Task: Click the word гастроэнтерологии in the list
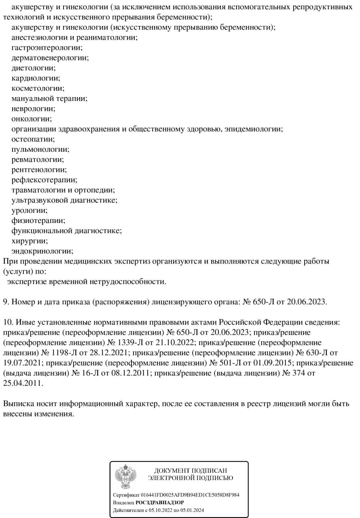click(x=47, y=48)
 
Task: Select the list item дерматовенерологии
click(x=50, y=58)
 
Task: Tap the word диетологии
click(x=34, y=68)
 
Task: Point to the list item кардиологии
click(x=36, y=78)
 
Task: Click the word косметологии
click(x=38, y=88)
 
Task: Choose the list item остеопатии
click(x=33, y=139)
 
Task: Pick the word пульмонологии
click(x=40, y=149)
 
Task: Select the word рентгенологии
click(x=39, y=170)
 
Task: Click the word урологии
click(x=30, y=210)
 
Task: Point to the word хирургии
click(x=30, y=241)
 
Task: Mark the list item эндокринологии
click(x=42, y=251)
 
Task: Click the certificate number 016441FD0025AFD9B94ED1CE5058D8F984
click(x=190, y=495)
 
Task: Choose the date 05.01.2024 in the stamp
click(x=192, y=510)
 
